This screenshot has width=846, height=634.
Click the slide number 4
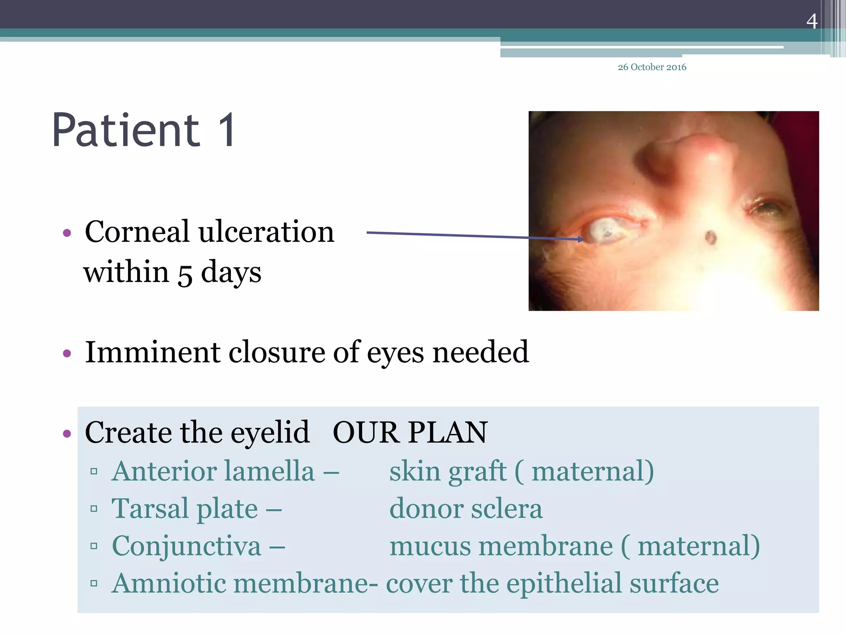pos(812,21)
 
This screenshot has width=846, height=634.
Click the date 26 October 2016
pos(652,67)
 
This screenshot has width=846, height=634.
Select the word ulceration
pos(266,232)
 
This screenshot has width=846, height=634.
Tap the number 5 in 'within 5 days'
pos(185,274)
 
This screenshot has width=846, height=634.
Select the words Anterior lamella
pos(213,471)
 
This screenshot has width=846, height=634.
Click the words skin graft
pos(448,471)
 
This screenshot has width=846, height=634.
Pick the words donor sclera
pos(466,509)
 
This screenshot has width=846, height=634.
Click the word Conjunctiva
pos(186,546)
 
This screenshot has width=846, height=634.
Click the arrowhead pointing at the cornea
pos(581,239)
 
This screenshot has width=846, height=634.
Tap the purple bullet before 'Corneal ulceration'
pos(67,233)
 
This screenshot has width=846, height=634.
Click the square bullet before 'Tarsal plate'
pos(94,509)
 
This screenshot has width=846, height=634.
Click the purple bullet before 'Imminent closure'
pos(67,353)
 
